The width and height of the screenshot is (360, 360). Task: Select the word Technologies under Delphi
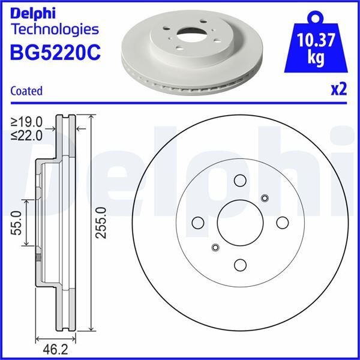point(55,29)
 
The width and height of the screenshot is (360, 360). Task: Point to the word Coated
point(26,91)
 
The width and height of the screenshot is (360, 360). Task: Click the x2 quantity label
point(338,89)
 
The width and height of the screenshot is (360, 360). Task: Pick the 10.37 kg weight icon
point(316,44)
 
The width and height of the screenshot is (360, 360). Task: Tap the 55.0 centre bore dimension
point(16,222)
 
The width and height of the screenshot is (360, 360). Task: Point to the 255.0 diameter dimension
point(101,222)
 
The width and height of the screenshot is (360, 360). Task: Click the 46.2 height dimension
point(52,347)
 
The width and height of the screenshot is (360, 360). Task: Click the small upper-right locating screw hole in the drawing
point(265,199)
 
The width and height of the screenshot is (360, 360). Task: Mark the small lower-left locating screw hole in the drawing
point(215,247)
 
